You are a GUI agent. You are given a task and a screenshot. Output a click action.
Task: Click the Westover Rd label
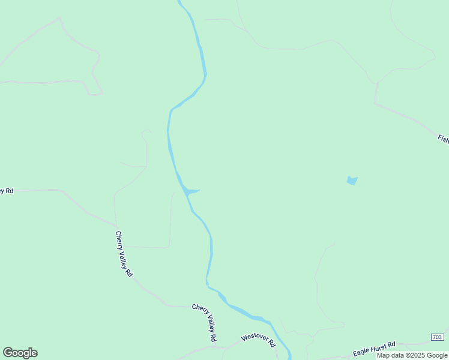pyautogui.click(x=258, y=340)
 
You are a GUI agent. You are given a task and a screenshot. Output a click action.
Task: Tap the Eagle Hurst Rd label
pyautogui.click(x=374, y=349)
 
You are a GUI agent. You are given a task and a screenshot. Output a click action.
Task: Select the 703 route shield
pyautogui.click(x=437, y=338)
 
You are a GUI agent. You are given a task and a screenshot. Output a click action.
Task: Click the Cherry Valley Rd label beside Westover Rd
pyautogui.click(x=205, y=322)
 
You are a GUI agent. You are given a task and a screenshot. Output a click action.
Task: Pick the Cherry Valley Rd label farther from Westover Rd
pyautogui.click(x=124, y=254)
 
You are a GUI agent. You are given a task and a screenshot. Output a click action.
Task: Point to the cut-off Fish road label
pyautogui.click(x=443, y=139)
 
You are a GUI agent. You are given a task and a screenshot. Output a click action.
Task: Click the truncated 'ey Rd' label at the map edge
pyautogui.click(x=7, y=190)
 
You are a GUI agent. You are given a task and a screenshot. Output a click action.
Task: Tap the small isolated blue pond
pyautogui.click(x=352, y=180)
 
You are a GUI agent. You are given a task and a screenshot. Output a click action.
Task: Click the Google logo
pyautogui.click(x=20, y=353)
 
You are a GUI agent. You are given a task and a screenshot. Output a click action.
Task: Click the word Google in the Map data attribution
pyautogui.click(x=438, y=355)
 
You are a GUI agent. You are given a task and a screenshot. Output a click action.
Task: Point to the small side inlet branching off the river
pyautogui.click(x=193, y=192)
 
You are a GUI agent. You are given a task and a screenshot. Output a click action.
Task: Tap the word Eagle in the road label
pyautogui.click(x=360, y=352)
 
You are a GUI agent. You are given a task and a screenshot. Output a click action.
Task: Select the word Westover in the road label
pyautogui.click(x=255, y=338)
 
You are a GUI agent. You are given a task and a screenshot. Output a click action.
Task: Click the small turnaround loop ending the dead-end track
pyautogui.click(x=145, y=131)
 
